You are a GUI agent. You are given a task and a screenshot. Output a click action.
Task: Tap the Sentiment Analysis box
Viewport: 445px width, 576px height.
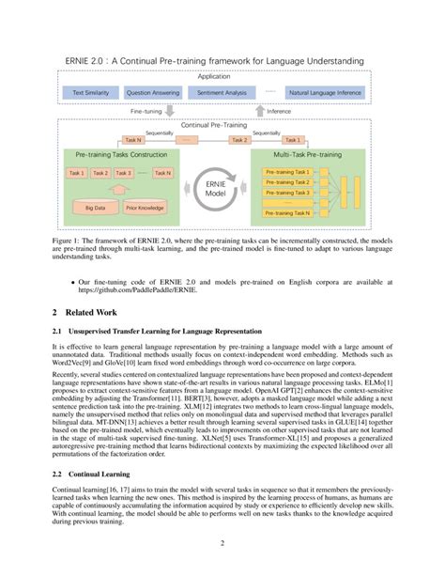221,92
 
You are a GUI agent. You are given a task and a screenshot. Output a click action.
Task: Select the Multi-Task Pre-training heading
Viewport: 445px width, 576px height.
306,152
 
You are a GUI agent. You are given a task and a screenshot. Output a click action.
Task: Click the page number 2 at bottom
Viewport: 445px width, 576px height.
222,542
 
